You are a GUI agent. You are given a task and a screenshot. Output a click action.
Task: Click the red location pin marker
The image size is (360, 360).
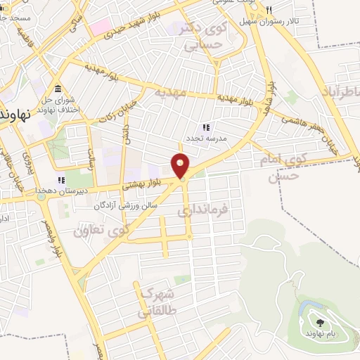tap(181, 165)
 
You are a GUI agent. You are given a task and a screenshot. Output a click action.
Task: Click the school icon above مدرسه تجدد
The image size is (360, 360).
tap(206, 127)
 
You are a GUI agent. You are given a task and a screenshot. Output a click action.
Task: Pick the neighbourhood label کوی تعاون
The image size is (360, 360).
tap(103, 231)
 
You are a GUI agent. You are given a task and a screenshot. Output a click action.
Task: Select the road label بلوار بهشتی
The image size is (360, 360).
tap(141, 184)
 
